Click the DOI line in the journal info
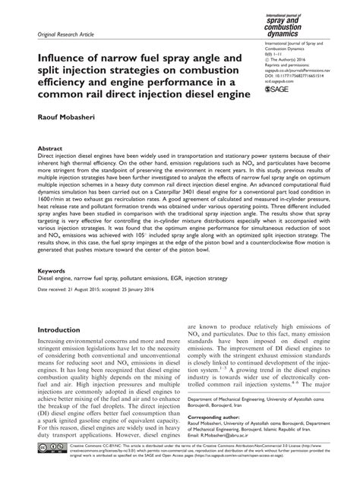tap(289, 77)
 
